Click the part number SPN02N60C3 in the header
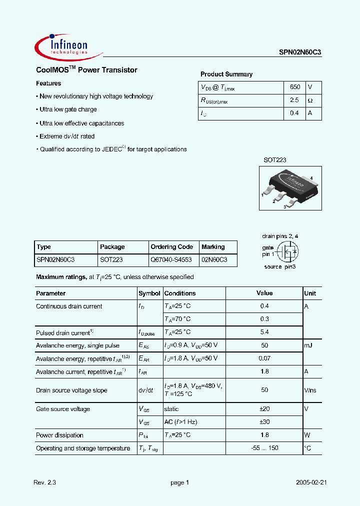[300, 52]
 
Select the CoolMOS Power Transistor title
[86, 70]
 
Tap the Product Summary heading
[226, 74]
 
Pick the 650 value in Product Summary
[295, 86]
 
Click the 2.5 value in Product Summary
[294, 100]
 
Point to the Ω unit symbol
[310, 100]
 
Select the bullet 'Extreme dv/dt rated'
[67, 136]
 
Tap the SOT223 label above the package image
[275, 160]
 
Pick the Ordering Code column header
[171, 247]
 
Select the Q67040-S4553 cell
[171, 260]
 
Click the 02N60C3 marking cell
[214, 260]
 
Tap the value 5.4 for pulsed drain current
[264, 332]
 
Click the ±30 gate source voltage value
[264, 422]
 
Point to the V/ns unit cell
[311, 390]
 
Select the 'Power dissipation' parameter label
[59, 435]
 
